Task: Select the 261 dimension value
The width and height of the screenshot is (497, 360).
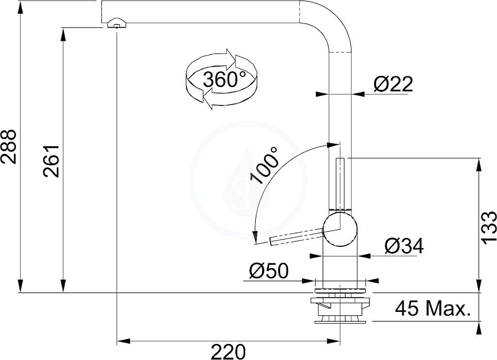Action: [x=51, y=161]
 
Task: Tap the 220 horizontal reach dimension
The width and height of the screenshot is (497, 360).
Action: [x=228, y=352]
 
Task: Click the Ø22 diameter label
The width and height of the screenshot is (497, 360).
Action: [x=393, y=84]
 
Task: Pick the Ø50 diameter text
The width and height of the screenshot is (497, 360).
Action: [x=269, y=271]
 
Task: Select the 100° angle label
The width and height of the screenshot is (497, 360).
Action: [x=264, y=165]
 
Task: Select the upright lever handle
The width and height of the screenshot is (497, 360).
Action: [x=340, y=185]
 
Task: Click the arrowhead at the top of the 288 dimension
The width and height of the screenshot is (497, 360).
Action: [x=20, y=7]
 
